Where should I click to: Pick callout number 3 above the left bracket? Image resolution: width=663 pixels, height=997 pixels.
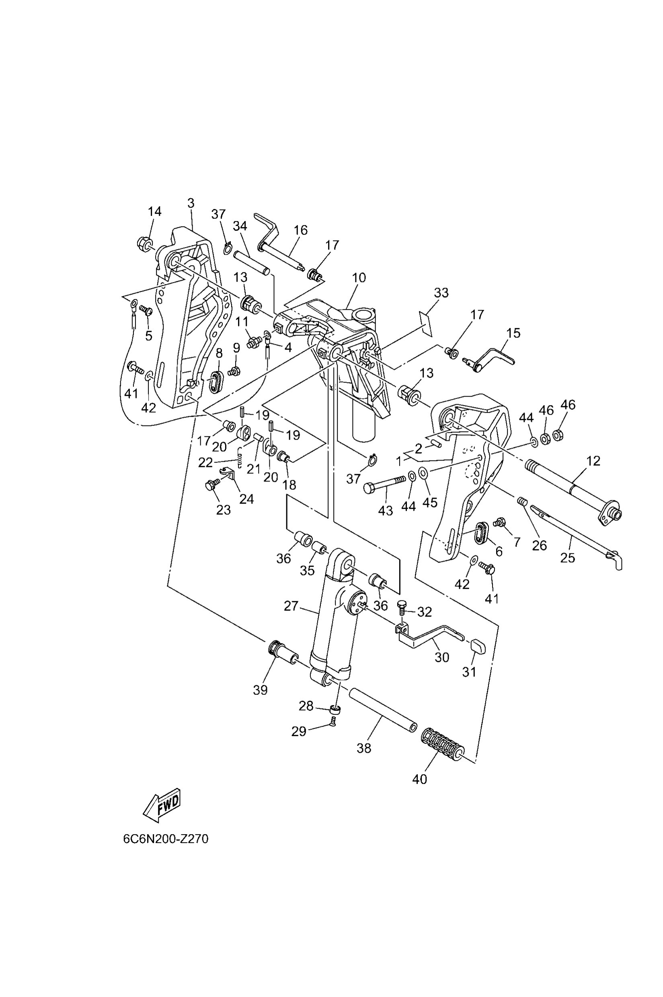(191, 203)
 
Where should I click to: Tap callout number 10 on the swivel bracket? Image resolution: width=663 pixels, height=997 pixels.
(359, 278)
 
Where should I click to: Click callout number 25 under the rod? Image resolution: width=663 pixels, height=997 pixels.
(567, 558)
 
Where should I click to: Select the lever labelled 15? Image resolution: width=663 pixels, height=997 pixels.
(493, 359)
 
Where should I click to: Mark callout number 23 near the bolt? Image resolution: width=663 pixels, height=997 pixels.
(223, 510)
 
